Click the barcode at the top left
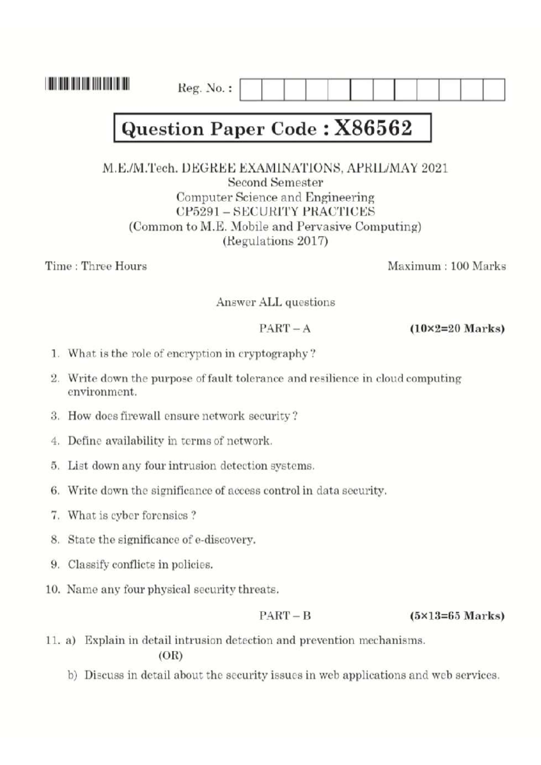coord(87,84)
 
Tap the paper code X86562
coord(373,128)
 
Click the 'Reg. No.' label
coord(205,88)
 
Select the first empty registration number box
coord(251,90)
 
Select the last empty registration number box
coord(494,90)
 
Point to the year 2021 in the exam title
coord(435,168)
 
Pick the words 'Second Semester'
coord(275,182)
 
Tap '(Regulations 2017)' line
coord(275,241)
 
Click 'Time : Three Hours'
coord(96,266)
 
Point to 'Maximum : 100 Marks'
coord(446,266)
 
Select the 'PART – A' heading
coord(285,328)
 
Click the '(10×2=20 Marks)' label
coord(457,328)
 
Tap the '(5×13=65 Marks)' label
coord(457,616)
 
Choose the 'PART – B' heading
coord(285,616)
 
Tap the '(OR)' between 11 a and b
coord(170,656)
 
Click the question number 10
coord(53,589)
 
